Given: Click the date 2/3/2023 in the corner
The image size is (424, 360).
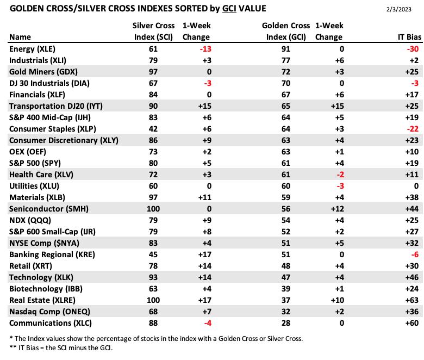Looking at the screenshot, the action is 398,9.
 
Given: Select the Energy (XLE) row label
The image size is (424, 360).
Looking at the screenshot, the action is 32,49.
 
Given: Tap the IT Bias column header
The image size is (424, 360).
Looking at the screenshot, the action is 409,37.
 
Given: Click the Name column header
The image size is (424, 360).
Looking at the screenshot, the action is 20,37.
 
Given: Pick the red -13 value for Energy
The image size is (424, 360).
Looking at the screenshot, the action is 205,49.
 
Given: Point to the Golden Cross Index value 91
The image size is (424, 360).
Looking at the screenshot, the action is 285,49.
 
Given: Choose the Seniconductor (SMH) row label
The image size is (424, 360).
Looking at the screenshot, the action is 49,209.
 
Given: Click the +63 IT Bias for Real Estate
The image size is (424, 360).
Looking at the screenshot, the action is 412,300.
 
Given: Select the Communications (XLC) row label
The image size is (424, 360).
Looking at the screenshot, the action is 51,323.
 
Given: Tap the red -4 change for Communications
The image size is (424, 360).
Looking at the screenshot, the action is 208,323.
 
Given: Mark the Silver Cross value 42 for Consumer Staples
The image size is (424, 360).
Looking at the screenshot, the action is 153,129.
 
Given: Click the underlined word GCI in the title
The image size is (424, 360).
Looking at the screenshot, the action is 229,9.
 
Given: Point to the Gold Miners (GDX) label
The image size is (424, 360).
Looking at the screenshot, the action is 43,72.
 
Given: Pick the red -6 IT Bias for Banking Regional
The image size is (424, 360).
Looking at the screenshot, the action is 415,255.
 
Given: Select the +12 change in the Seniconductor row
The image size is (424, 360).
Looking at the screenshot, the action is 337,209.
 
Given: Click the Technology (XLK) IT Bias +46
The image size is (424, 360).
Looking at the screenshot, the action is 412,277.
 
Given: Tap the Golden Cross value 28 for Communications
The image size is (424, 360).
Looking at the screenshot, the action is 285,323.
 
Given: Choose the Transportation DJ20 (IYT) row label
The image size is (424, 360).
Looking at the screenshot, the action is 56,106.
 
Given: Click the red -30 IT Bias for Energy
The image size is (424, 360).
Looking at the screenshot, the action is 413,49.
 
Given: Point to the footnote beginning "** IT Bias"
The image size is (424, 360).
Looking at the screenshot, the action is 61,348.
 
